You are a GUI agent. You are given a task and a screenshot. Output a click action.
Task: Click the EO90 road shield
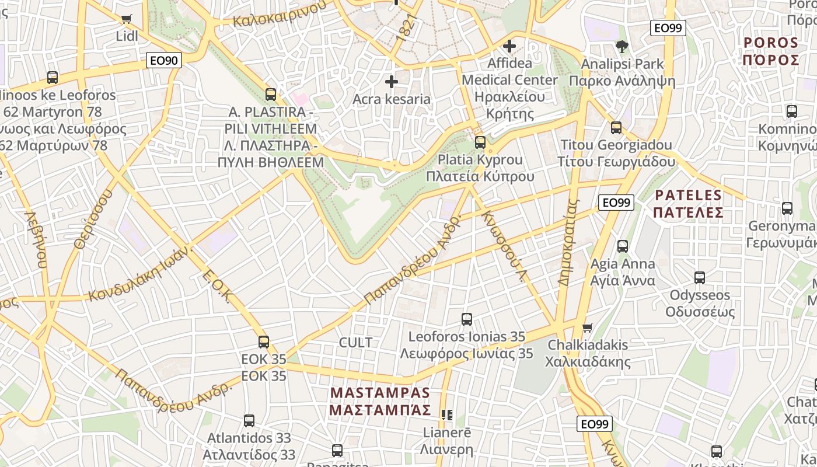(x=164, y=60)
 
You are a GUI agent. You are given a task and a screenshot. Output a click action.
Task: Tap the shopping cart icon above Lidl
(x=127, y=19)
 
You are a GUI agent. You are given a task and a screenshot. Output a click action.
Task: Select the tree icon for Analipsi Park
(x=622, y=46)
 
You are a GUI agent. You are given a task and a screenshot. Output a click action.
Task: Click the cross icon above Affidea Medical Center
(x=509, y=46)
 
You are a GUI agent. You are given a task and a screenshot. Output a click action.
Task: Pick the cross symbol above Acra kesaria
(x=391, y=82)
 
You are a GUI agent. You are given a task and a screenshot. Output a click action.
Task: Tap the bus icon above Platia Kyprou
(x=480, y=142)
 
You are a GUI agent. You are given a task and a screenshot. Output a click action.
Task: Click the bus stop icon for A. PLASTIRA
(x=271, y=94)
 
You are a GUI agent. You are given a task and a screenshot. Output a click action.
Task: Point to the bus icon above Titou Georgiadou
(x=616, y=127)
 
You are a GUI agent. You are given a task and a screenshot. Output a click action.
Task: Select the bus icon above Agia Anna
(x=623, y=246)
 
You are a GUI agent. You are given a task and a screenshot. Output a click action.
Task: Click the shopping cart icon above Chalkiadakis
(x=588, y=327)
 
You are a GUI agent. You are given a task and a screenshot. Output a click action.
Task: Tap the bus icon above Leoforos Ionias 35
(x=467, y=319)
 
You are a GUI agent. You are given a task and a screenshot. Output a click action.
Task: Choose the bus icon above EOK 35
(x=264, y=341)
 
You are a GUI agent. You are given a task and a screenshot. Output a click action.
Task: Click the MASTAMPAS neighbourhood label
(x=380, y=401)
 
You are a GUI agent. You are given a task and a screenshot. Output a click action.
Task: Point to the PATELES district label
(x=688, y=203)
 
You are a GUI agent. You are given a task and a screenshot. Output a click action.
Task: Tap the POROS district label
(x=771, y=51)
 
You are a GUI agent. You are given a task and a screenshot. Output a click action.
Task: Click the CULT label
(x=355, y=343)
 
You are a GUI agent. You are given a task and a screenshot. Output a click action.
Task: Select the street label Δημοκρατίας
(x=567, y=242)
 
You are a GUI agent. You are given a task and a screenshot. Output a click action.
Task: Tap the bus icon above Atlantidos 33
(x=249, y=420)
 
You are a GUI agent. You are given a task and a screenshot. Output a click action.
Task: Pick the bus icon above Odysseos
(x=700, y=277)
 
